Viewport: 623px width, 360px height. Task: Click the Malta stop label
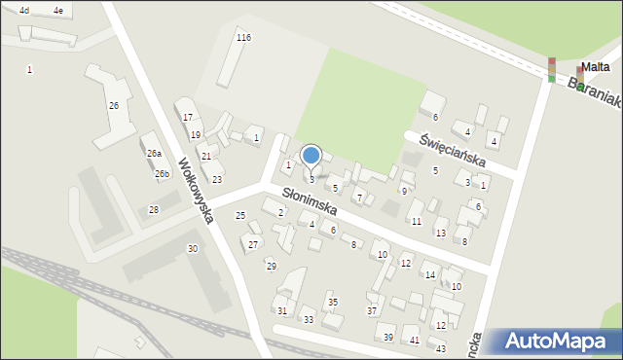coord(596,67)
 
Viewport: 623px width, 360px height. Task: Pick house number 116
coord(243,37)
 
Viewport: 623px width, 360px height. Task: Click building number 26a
coord(154,154)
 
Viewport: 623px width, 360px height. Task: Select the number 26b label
coord(162,174)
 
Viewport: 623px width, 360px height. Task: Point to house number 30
coord(193,249)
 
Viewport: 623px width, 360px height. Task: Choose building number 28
coord(153,210)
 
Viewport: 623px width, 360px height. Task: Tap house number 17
coord(187,117)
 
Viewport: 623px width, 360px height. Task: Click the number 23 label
coord(217,180)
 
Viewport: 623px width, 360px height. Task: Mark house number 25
coord(240,215)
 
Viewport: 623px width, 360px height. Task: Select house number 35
coord(333,303)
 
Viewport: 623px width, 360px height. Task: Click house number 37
coord(372,310)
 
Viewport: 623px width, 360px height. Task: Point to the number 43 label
coord(441,348)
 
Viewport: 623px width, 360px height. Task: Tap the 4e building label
coord(58,10)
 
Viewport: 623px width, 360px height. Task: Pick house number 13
coord(441,234)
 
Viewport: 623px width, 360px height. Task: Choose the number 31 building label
coord(281,310)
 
